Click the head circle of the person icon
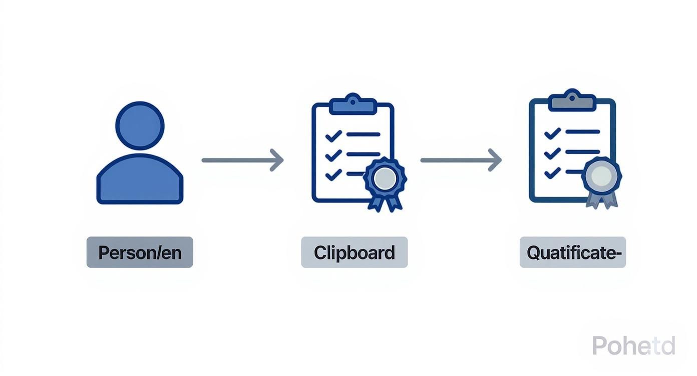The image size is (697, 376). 140,125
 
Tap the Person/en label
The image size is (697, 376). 140,252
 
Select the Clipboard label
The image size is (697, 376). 354,252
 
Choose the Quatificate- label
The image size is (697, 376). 573,252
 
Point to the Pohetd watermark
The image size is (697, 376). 633,345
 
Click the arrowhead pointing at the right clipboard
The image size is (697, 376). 495,160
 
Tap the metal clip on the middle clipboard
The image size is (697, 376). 353,104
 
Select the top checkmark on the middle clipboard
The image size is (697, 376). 333,135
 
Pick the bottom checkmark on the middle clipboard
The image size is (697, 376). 333,174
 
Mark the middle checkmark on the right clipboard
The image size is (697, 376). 552,152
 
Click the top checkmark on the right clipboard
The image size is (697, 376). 552,132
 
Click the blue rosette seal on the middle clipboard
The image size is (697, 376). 385,177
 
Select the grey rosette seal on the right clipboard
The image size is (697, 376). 602,175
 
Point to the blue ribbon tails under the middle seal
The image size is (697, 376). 385,201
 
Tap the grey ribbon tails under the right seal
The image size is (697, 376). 602,199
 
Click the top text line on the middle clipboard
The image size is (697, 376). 363,134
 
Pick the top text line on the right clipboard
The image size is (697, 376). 582,132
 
